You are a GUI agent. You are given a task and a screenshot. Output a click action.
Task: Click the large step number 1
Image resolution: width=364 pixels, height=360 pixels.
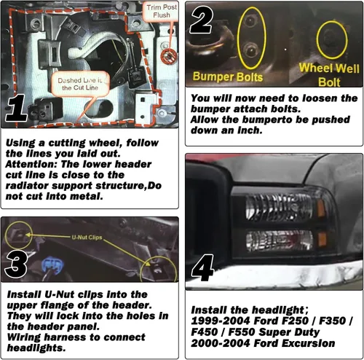tap(17, 108)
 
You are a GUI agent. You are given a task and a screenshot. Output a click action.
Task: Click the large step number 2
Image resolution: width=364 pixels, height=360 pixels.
tap(202, 21)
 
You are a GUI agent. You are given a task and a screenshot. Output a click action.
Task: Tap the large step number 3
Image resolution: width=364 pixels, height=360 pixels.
tap(16, 264)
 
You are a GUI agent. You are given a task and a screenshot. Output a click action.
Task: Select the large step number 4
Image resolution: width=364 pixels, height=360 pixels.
tap(203, 268)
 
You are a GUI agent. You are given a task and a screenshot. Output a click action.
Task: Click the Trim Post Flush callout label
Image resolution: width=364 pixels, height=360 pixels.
tap(162, 11)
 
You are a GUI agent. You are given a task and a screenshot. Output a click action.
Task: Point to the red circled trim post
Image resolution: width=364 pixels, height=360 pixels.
tap(169, 56)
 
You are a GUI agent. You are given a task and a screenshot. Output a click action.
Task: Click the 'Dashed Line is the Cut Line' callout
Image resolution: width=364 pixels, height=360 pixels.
tap(80, 84)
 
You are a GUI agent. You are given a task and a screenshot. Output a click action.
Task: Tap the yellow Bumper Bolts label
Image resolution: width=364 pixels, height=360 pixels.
tap(228, 77)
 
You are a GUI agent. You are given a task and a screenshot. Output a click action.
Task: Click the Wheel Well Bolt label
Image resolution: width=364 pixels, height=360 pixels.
tap(329, 75)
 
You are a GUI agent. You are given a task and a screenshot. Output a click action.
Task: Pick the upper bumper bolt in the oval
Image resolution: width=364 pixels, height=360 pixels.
tap(250, 20)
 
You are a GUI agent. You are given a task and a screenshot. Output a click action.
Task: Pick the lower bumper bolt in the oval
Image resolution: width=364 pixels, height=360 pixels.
tap(250, 50)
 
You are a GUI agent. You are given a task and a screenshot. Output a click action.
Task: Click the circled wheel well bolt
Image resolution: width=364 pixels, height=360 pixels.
tap(331, 39)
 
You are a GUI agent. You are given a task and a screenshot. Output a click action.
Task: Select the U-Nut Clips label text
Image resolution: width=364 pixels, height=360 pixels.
tap(87, 238)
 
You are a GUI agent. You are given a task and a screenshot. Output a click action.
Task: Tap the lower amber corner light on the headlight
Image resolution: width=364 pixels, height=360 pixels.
tap(322, 239)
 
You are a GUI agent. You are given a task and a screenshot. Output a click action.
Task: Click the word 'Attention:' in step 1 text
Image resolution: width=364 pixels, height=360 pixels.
tap(31, 164)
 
